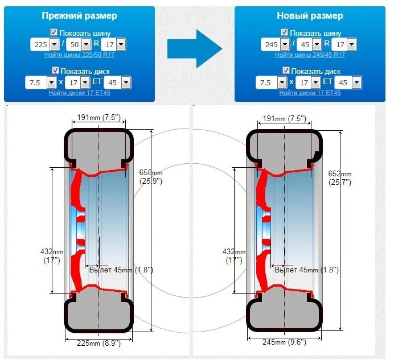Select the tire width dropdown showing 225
point(45,44)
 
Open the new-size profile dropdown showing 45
point(309,44)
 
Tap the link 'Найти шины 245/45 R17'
point(310,55)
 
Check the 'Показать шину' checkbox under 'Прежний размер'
point(55,32)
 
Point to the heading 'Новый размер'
point(310,15)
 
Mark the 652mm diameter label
point(340,177)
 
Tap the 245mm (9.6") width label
point(283,342)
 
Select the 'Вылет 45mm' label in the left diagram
point(121,270)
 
